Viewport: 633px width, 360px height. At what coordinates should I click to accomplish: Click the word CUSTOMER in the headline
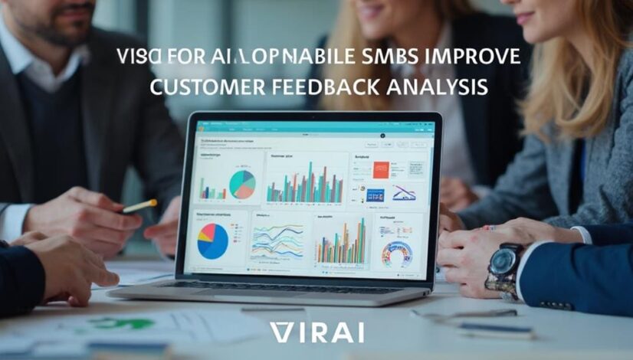[x=195, y=87]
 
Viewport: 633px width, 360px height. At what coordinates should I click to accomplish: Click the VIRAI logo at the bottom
[x=316, y=332]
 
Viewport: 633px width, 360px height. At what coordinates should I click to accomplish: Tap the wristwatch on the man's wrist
[x=506, y=264]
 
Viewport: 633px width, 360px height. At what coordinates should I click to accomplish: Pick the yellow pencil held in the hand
[x=139, y=205]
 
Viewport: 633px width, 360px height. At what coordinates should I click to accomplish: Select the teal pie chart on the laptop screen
[x=242, y=185]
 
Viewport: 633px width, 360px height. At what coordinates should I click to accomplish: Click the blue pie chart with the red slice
[x=212, y=241]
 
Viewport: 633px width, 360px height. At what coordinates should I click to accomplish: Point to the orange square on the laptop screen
[x=380, y=169]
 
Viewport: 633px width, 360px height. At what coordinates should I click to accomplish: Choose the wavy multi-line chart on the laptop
[x=277, y=241]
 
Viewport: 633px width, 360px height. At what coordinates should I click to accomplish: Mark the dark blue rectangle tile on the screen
[x=375, y=195]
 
